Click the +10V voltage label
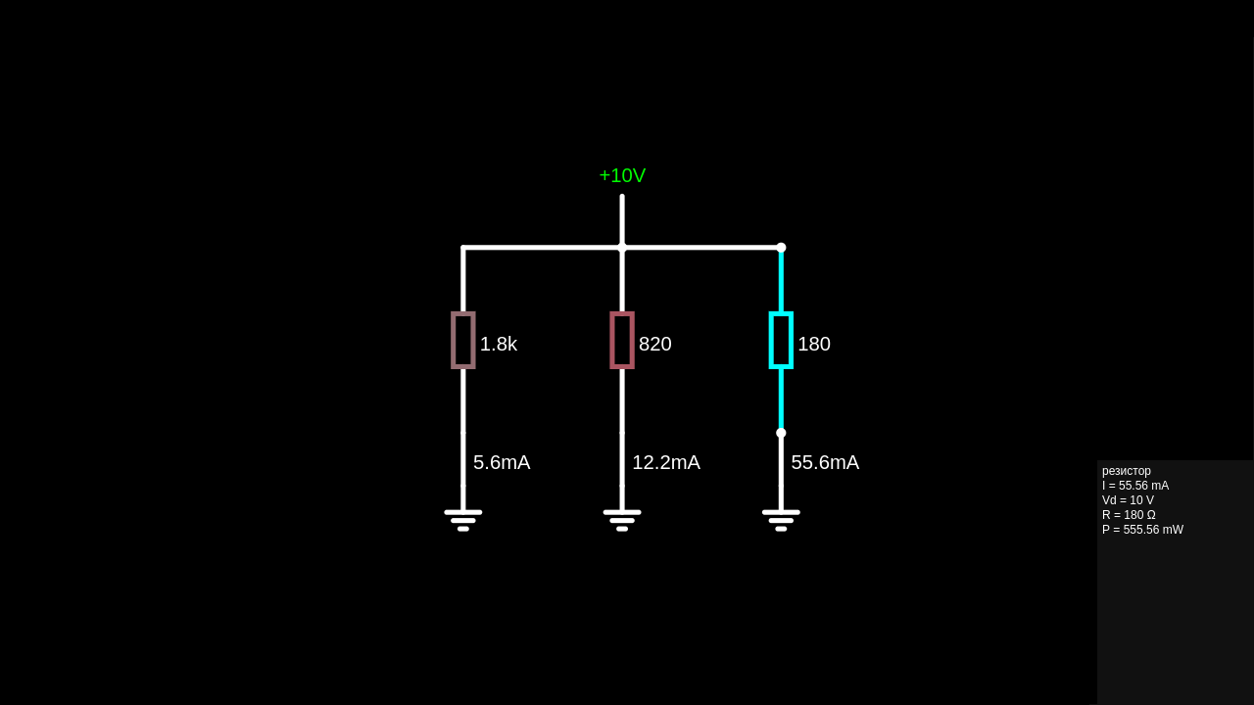tap(622, 175)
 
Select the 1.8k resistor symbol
tap(463, 340)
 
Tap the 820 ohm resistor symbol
tap(622, 340)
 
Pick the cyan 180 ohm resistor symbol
tap(781, 340)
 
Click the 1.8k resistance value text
tap(499, 344)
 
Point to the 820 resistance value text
tap(655, 344)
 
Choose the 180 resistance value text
tap(814, 344)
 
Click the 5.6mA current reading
tap(502, 462)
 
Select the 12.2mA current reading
tap(666, 462)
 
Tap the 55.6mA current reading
tap(825, 462)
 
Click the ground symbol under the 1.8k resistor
tap(463, 519)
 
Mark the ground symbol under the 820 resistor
tap(622, 519)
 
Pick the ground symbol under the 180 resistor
tap(781, 519)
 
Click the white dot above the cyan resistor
tap(781, 248)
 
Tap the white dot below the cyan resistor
tap(781, 433)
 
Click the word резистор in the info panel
tap(1127, 471)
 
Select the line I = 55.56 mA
tap(1135, 486)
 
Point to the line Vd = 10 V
tap(1128, 500)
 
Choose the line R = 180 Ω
tap(1129, 515)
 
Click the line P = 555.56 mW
tap(1142, 530)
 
